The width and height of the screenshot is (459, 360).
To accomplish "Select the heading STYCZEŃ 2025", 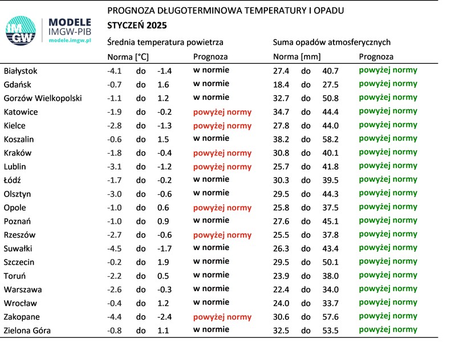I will pos(137,26).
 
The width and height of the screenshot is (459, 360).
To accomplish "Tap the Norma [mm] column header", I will pos(296,57).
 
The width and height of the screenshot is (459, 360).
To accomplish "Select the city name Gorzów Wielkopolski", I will pos(43,98).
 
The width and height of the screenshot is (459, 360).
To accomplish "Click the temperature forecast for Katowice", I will pos(222,112).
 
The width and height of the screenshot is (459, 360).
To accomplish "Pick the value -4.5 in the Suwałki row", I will pos(115,248).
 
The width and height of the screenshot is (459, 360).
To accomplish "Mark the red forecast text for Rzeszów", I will pos(222,235).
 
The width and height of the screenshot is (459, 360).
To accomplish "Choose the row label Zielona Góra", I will pos(27,330).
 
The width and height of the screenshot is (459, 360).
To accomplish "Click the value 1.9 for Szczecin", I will pos(163,262).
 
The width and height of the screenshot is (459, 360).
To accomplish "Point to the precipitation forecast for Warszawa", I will pos(388,289).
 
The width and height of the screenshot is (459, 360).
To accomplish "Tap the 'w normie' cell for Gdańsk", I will pos(212,84).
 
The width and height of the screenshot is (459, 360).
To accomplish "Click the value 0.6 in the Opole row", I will pos(163,207).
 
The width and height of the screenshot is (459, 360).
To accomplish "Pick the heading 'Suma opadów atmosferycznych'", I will pos(332,42).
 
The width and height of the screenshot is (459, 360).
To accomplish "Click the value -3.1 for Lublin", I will pos(115,166).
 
